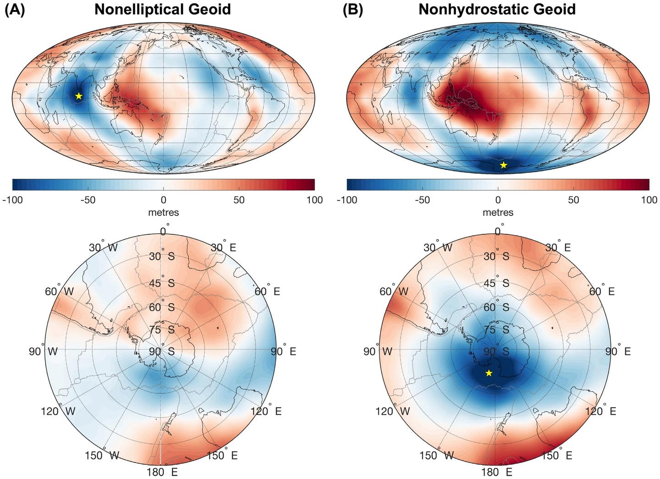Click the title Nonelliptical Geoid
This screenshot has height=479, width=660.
pos(162,9)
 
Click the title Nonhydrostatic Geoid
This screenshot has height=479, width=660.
pos(497,9)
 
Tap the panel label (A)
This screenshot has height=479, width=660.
pos(15,9)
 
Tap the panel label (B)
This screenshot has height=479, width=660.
pos(353,9)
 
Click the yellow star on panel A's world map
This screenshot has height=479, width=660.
pos(79,96)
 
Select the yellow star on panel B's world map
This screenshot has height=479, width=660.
pos(503,165)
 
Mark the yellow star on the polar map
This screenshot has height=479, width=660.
pos(489,373)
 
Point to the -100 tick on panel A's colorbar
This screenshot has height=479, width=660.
pos(13,200)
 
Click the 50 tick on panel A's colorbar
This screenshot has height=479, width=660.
pos(239,200)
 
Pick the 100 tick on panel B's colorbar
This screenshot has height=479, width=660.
pos(649,200)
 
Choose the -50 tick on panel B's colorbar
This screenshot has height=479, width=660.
pos(422,200)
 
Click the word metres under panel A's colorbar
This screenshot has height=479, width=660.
pos(163,212)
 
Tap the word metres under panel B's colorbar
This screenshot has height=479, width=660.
pos(498,212)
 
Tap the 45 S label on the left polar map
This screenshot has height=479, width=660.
pos(161,283)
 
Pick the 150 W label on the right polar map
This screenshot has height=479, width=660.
pos(436,455)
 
